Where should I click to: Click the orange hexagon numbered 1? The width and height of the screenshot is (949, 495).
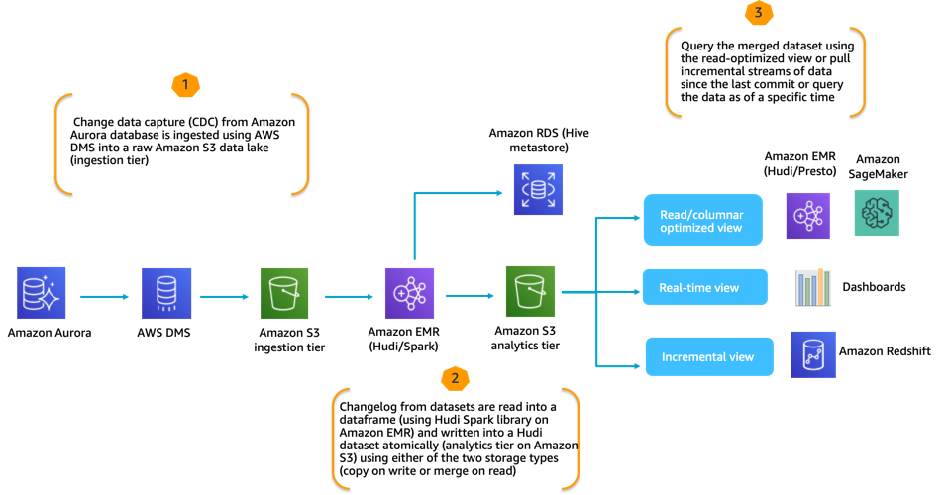pos(185,86)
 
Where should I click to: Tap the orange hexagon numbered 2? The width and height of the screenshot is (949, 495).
pos(455,378)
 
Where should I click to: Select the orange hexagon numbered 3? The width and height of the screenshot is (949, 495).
pos(758,14)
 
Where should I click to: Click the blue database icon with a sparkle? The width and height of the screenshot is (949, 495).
pos(42,293)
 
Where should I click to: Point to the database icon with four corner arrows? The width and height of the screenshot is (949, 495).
pos(538,189)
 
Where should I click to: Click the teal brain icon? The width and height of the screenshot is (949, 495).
pos(877,213)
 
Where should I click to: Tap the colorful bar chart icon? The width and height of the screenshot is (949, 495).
pos(814,288)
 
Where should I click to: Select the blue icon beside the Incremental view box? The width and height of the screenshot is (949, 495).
pos(813,354)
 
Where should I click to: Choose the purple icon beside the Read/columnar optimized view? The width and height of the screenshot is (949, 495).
pos(808,216)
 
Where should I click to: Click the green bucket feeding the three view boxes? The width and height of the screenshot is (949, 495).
pos(531,291)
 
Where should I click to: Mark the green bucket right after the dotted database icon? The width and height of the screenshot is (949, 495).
pos(284,293)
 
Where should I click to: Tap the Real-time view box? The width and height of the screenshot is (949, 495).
pos(704,288)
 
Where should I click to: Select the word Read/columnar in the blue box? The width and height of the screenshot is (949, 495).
pos(701,213)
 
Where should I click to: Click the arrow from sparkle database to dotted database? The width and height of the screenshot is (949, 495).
pos(104,296)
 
